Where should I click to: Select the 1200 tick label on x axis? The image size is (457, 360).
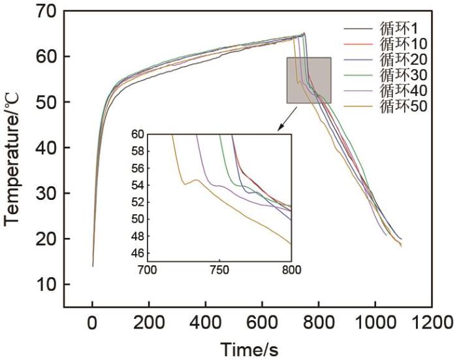click(x=432, y=323)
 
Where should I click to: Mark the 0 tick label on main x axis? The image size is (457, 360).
click(x=92, y=323)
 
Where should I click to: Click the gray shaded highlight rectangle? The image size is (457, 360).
click(x=309, y=80)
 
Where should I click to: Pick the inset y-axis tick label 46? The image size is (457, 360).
click(x=138, y=253)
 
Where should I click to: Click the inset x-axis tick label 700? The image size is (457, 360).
click(x=148, y=269)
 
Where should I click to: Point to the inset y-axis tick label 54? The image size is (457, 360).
click(x=138, y=185)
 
